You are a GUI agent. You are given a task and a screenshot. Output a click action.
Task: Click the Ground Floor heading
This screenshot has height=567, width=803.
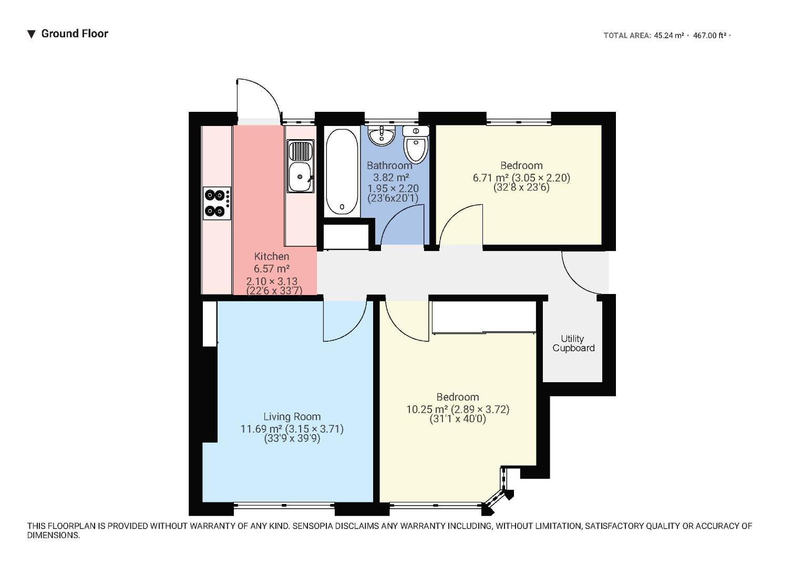74,34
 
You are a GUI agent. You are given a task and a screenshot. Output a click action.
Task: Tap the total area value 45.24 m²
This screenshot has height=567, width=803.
668,36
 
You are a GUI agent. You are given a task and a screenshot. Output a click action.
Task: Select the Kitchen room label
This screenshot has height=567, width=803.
271,256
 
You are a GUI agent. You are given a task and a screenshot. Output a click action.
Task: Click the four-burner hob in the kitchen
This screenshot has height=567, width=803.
217,203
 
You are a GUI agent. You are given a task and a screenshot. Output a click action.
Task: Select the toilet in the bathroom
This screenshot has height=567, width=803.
416,144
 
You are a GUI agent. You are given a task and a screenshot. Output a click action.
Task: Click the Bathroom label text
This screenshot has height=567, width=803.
389,165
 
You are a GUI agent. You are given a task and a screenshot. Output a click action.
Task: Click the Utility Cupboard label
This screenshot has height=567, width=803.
573,343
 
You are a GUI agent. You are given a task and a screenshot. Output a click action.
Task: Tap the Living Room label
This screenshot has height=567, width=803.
292,416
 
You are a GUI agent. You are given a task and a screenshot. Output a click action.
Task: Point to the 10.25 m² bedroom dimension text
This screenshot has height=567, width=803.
457,409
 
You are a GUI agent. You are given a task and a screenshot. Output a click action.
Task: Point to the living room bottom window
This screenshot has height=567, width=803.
284,506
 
